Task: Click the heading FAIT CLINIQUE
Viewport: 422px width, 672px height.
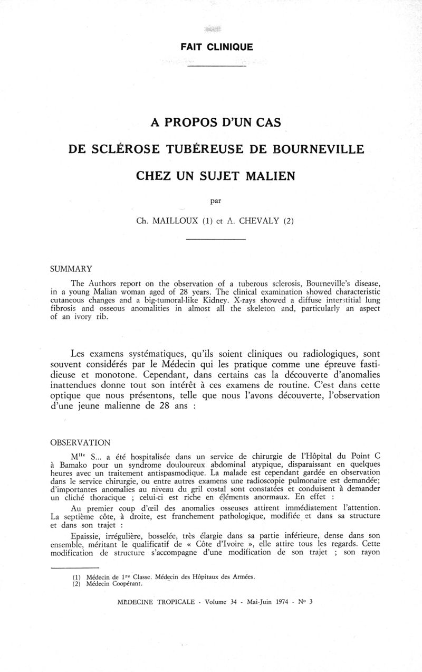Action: point(217,47)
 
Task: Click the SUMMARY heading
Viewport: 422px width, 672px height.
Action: point(71,269)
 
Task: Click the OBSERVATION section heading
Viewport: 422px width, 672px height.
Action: point(80,442)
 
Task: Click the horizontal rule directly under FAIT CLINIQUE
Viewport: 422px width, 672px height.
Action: point(217,67)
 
